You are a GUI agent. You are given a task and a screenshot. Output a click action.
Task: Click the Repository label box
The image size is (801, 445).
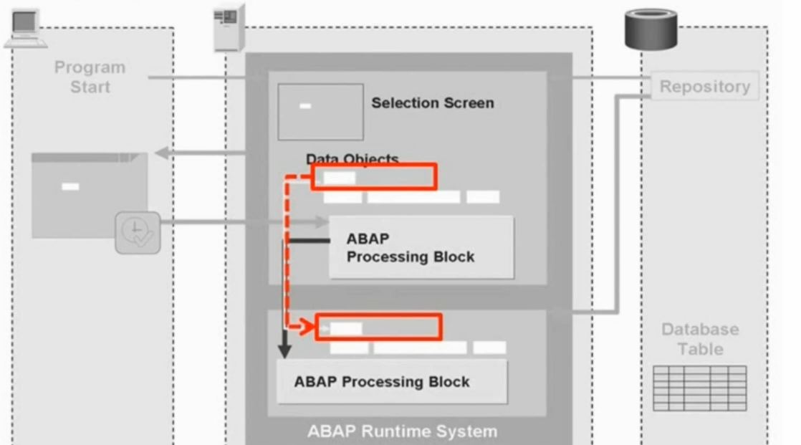click(704, 87)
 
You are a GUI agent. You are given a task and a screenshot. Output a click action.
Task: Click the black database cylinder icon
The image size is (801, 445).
click(651, 29)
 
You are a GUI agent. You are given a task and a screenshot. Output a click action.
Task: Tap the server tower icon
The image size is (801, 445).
click(229, 28)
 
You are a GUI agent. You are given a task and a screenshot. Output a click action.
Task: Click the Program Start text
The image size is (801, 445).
click(90, 77)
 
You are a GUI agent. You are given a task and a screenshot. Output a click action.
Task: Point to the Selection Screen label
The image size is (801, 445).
click(432, 102)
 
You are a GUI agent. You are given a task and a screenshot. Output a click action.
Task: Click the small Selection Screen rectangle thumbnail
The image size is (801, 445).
click(320, 111)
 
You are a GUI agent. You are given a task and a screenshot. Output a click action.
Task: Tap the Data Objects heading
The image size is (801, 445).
click(352, 158)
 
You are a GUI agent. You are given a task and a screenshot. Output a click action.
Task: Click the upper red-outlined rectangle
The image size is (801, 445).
click(373, 176)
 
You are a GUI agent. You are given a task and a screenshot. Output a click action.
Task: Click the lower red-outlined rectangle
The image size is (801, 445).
click(378, 327)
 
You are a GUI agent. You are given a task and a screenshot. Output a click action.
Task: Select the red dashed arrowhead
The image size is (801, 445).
click(307, 327)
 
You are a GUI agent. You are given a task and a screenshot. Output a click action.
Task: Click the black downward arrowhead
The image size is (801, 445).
click(284, 350)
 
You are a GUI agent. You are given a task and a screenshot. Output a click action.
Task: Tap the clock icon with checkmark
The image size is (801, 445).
click(138, 231)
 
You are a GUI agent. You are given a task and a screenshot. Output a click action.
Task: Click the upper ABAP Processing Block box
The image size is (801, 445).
click(421, 247)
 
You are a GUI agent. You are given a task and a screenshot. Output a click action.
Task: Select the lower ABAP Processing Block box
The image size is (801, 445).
click(392, 381)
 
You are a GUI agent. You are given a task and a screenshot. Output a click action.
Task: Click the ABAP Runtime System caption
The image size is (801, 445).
click(402, 431)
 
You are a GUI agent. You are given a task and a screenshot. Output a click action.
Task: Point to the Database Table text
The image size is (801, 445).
click(699, 339)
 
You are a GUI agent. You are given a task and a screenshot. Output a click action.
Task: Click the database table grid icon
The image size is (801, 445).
click(699, 388)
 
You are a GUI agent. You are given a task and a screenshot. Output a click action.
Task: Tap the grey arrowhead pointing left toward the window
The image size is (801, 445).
click(162, 153)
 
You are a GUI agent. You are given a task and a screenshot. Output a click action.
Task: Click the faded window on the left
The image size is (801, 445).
click(89, 195)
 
